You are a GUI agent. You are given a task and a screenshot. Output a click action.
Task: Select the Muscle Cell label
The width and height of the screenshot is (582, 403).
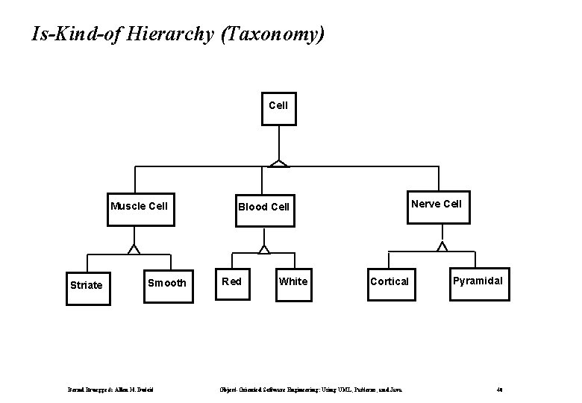(x=139, y=206)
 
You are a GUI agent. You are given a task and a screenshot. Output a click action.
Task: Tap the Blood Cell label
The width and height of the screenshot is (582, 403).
(x=263, y=207)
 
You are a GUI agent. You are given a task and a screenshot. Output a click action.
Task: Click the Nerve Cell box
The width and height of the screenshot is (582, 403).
(x=436, y=204)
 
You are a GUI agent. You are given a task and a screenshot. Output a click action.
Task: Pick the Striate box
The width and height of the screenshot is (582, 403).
(x=86, y=284)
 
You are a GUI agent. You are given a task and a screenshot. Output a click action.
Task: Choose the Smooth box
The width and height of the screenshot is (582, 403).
(x=167, y=283)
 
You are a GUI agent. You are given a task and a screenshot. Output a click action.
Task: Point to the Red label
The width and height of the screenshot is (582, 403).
(x=231, y=281)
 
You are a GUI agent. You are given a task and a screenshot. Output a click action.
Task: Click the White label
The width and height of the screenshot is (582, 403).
(x=292, y=281)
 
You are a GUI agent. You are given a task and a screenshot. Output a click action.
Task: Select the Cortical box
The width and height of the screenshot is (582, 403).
(x=389, y=282)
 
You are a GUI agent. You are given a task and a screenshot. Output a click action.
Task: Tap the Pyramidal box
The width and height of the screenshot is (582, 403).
(x=479, y=281)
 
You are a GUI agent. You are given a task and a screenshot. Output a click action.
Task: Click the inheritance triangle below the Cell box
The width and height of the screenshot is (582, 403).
(x=279, y=163)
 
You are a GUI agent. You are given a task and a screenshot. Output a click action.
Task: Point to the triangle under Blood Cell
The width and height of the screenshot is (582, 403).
(x=263, y=249)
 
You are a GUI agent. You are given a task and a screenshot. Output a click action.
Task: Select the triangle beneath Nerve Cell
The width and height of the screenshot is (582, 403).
(x=442, y=246)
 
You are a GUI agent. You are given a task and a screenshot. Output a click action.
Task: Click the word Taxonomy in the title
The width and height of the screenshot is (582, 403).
(x=274, y=34)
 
